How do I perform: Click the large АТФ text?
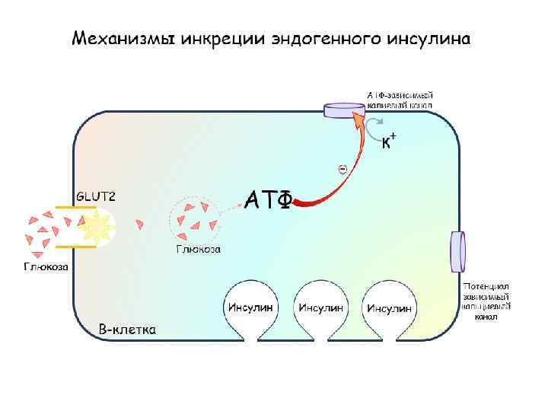tap(268, 199)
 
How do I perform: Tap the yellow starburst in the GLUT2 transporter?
tap(97, 226)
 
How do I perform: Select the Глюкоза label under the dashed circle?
tap(199, 249)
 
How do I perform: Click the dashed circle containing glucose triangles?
tap(196, 218)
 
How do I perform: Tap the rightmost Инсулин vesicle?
tap(389, 307)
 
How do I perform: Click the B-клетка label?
tap(128, 330)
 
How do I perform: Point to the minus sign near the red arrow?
tap(342, 168)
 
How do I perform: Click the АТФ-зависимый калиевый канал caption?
tap(400, 100)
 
